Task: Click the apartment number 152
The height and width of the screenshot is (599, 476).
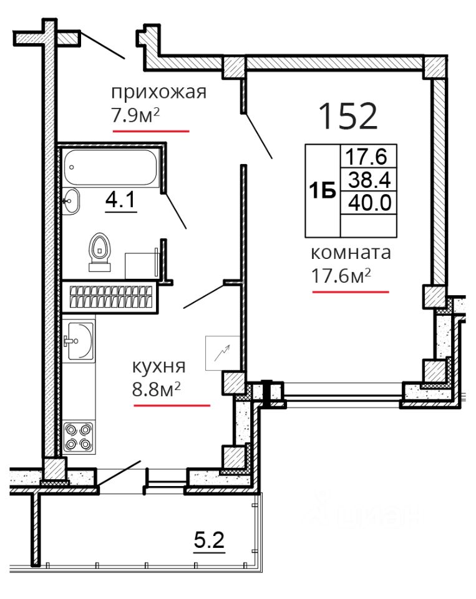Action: tap(347, 116)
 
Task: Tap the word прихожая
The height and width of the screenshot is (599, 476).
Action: tap(158, 92)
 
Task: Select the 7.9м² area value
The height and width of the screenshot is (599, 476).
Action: tap(135, 115)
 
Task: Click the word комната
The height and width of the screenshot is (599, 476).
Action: tap(351, 253)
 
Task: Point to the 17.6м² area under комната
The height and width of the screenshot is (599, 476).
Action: tap(341, 275)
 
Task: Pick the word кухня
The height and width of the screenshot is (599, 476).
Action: tap(158, 367)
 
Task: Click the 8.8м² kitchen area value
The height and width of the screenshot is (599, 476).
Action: tap(156, 389)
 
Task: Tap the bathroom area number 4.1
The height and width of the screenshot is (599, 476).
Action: tap(120, 200)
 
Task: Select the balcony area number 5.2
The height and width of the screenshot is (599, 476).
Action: tap(210, 540)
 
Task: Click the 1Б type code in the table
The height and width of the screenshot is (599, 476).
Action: tap(323, 191)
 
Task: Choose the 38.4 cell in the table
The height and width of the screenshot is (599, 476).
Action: tap(369, 180)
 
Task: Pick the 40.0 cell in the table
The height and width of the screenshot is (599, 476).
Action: tap(369, 202)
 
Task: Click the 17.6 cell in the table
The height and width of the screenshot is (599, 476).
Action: tap(366, 156)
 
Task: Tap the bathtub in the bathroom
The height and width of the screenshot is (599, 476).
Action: tap(110, 167)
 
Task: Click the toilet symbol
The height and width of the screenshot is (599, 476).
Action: tap(100, 252)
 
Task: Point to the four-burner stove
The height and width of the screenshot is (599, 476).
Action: tap(79, 437)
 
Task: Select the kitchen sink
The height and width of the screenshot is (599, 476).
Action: tap(80, 341)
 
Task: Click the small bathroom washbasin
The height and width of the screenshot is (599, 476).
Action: tap(70, 201)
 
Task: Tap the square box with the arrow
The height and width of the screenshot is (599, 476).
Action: tap(222, 353)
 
